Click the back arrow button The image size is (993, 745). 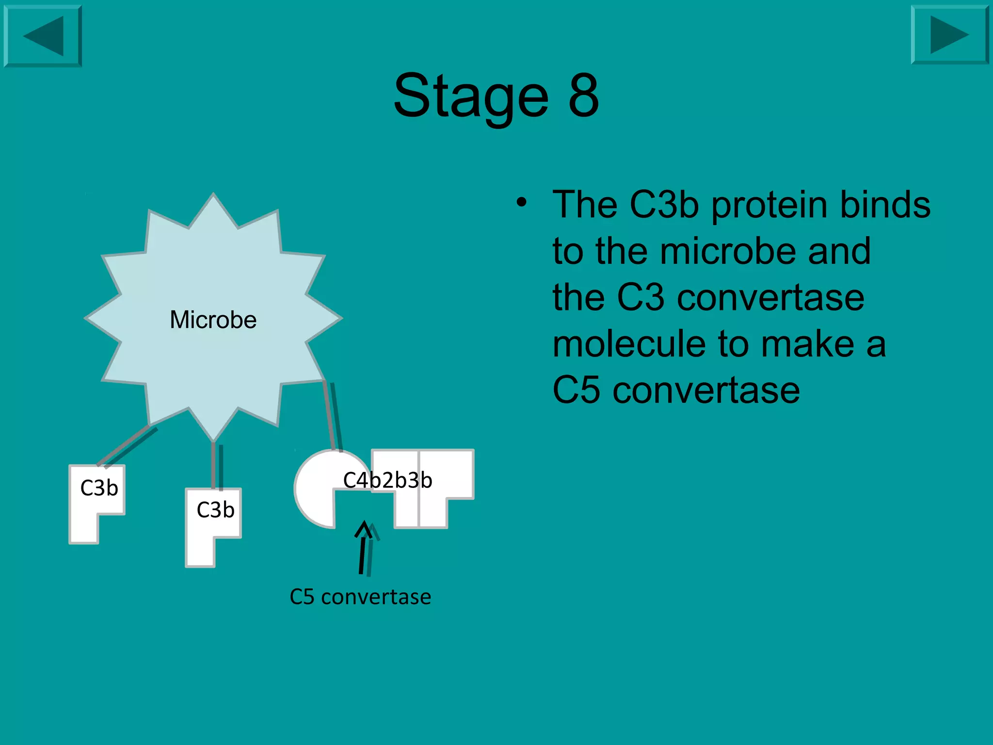click(43, 36)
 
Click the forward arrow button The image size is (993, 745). click(949, 35)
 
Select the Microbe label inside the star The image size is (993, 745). click(213, 320)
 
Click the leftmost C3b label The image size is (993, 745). click(99, 488)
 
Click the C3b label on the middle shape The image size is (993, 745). click(215, 510)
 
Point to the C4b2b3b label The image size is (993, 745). click(387, 480)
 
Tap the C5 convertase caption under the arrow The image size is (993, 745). click(360, 597)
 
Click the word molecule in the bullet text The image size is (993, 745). click(629, 344)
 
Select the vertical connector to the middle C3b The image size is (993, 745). click(213, 466)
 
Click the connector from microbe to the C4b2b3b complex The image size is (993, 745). click(329, 415)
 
